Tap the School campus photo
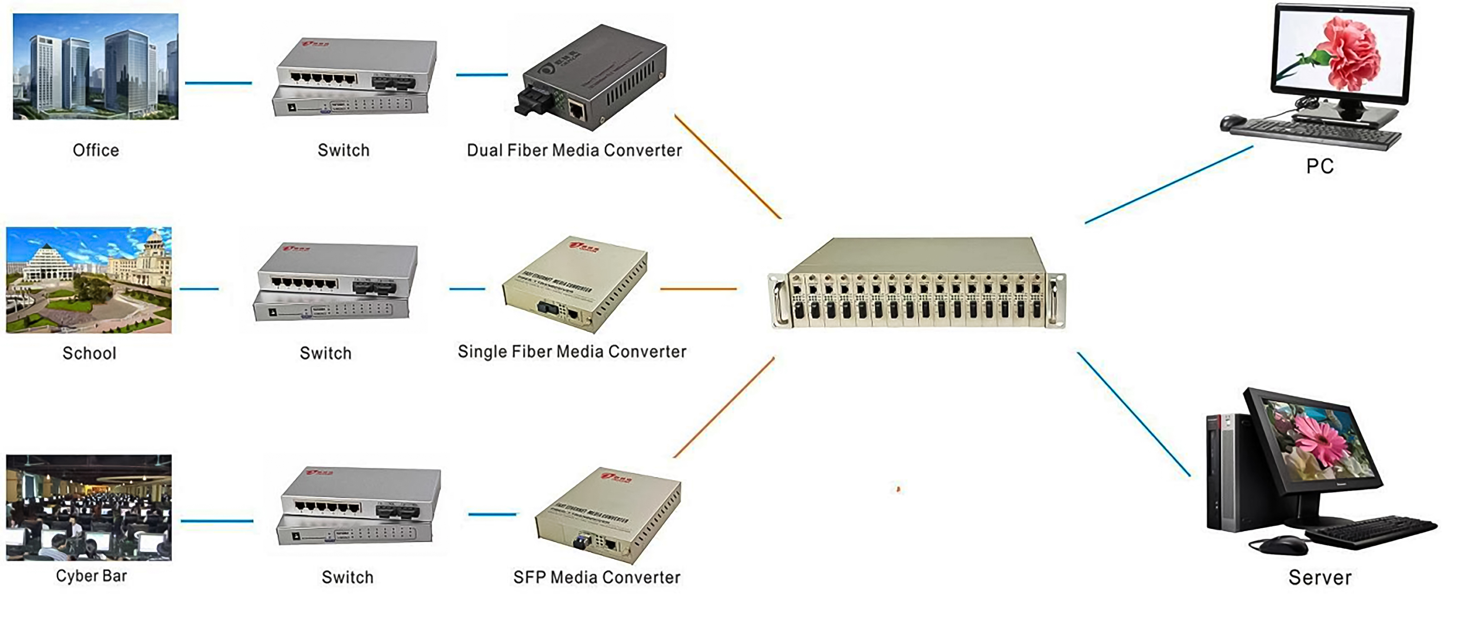pyautogui.click(x=89, y=280)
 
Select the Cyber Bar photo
pyautogui.click(x=89, y=507)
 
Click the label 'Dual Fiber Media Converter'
pyautogui.click(x=574, y=150)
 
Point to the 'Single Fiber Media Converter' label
pyautogui.click(x=572, y=352)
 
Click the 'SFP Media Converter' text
pyautogui.click(x=597, y=577)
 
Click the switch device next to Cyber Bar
pyautogui.click(x=359, y=506)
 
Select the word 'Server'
pyautogui.click(x=1319, y=577)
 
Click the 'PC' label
pyautogui.click(x=1319, y=166)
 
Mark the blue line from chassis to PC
pyautogui.click(x=1168, y=185)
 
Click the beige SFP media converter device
pyautogui.click(x=608, y=515)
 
